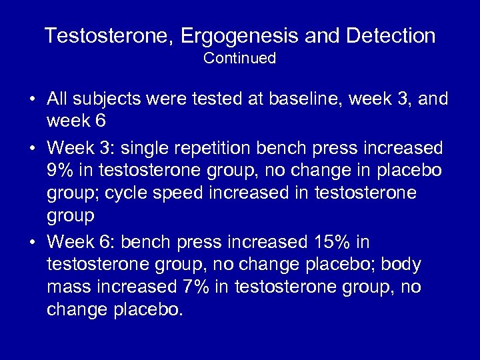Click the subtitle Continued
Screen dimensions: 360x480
click(x=240, y=59)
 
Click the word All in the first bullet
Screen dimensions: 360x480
click(x=58, y=99)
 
